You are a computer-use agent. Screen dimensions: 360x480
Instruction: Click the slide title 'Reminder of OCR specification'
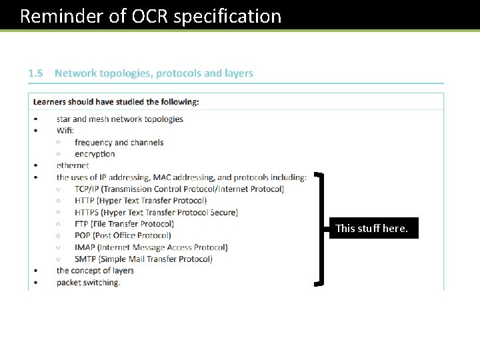[151, 16]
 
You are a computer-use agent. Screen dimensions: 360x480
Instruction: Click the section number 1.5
[35, 73]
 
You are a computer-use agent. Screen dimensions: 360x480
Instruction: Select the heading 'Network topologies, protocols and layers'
[154, 73]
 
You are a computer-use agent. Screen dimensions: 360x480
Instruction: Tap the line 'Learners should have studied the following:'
[116, 102]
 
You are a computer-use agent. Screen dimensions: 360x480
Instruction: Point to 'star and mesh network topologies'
[120, 119]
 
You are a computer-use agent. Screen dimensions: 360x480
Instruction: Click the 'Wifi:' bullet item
[65, 131]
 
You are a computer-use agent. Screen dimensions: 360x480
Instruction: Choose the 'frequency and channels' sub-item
[119, 142]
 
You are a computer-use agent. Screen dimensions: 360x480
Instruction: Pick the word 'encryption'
[95, 154]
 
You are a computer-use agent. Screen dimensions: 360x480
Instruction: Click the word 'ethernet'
[73, 165]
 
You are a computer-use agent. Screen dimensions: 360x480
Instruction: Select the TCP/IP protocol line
[179, 189]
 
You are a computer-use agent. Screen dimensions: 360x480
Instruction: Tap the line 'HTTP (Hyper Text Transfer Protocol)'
[141, 201]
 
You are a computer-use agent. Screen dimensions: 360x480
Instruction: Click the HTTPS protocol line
[156, 213]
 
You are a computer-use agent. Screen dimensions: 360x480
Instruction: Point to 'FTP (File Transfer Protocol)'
[124, 224]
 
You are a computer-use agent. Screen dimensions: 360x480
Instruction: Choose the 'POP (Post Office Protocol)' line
[123, 235]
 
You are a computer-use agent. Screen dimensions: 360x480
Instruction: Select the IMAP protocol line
[151, 247]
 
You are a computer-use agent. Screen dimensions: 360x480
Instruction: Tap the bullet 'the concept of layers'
[95, 271]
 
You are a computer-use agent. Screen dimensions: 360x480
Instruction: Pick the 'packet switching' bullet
[89, 283]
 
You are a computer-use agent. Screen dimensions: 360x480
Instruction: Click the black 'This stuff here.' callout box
[371, 228]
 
